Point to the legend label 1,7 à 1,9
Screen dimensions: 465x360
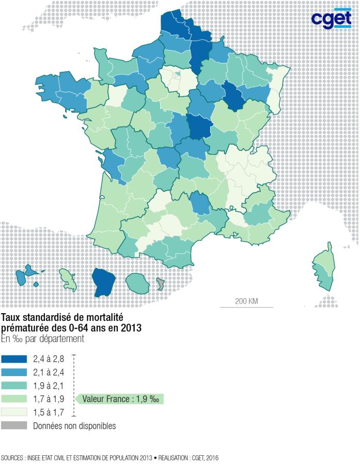49,399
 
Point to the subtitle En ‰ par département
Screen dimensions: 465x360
42,338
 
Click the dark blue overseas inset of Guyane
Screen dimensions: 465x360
104,282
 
